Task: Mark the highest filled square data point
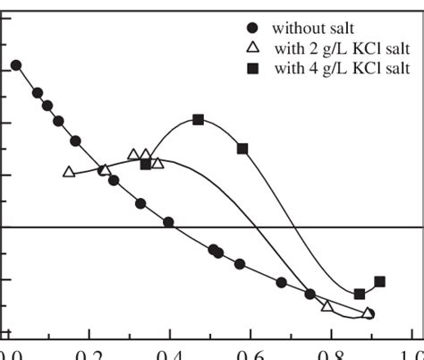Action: (x=199, y=120)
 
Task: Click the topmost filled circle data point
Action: (x=16, y=65)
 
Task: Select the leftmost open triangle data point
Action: (x=69, y=172)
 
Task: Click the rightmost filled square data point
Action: (x=379, y=281)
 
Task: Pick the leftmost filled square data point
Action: (x=146, y=164)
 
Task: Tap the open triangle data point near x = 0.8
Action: (x=327, y=306)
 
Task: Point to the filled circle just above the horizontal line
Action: (x=168, y=221)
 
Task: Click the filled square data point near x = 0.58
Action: (x=242, y=149)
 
